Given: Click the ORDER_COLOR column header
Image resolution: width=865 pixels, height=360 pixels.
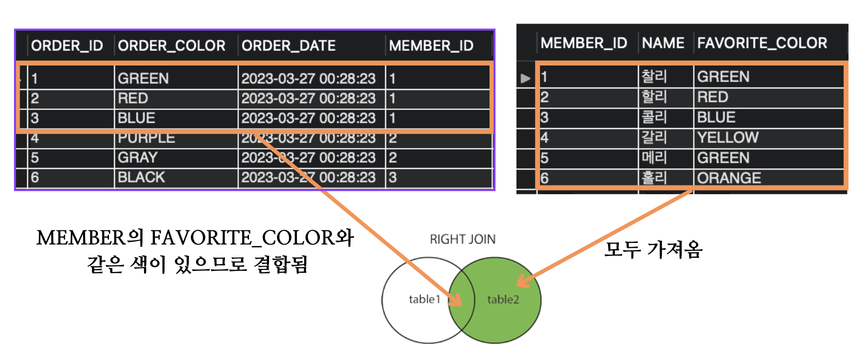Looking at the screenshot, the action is pos(171,46).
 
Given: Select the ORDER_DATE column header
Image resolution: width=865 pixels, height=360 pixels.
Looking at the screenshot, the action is pos(288,46).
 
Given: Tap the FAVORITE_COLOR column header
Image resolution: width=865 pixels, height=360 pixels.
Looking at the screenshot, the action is pos(762,43).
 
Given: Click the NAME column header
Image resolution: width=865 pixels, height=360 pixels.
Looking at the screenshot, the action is pos(663,43).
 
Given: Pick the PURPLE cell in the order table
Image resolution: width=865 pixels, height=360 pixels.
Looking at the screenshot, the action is pos(146,138).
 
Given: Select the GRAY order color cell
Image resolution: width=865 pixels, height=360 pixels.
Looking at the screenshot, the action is pos(137,158).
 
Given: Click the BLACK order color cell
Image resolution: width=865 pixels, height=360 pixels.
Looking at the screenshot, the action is pos(141,177).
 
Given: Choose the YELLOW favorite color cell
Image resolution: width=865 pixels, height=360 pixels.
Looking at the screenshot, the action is pos(728,137).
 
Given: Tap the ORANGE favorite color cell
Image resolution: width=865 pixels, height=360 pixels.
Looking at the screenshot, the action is pos(729,178).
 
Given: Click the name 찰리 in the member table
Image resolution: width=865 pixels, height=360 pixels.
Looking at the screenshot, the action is pos(654,76).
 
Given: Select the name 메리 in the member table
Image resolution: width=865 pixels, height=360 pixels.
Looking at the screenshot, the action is pos(654,158).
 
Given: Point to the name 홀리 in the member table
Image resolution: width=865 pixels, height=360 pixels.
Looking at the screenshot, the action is pos(654,178).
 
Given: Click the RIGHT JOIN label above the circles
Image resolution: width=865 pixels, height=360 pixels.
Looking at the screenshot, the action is pos(462,239).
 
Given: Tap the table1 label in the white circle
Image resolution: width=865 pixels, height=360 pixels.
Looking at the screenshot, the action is pos(424,299).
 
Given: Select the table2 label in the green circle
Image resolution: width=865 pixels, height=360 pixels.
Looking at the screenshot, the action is pos(503,299).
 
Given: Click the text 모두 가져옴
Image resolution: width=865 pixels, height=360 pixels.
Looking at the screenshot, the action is pos(653,249).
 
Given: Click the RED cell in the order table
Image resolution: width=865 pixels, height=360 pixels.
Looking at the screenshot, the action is pos(133,98).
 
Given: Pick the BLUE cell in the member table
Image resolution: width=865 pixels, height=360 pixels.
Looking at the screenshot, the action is pos(716,117).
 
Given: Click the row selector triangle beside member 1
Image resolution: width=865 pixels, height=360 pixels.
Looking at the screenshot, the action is pos(525,78).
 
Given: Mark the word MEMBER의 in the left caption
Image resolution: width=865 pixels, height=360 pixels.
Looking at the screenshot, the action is pos(90,238).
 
